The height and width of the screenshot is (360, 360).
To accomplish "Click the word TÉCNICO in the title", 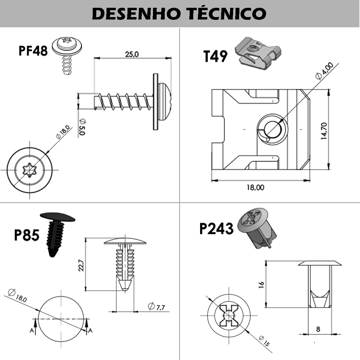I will [227, 13].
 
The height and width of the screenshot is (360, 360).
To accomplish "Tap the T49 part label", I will [215, 56].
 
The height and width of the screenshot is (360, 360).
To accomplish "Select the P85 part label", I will [26, 235].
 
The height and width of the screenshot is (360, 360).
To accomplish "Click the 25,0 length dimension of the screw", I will [132, 54].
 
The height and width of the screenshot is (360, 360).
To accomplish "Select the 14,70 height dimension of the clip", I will [324, 131].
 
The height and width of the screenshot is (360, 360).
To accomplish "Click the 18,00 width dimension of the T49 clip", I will [255, 187].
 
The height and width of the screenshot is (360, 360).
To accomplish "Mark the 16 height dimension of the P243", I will [261, 284].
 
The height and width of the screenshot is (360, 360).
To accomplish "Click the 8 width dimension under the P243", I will [318, 329].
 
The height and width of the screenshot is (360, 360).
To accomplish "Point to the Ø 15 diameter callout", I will [264, 341].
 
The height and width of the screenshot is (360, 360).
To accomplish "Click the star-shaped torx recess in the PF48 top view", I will [29, 170].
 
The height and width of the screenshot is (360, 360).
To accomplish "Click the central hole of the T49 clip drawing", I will [272, 129].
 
